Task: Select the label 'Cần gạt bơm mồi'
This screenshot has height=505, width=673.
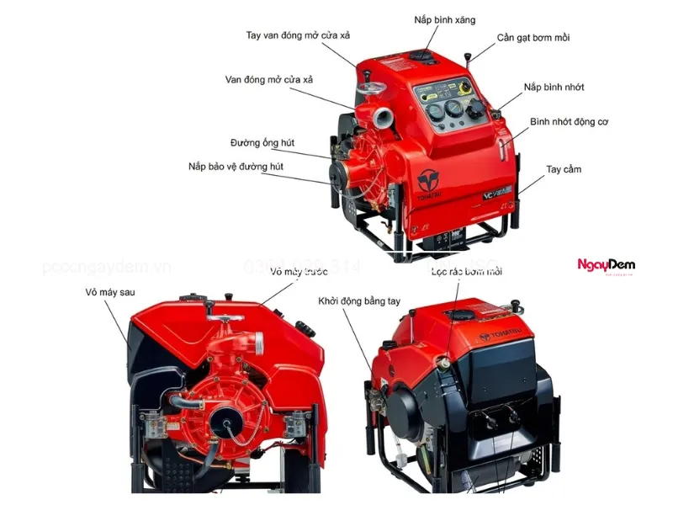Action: [x=533, y=39]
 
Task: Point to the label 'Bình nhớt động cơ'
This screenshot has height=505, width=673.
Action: [x=569, y=122]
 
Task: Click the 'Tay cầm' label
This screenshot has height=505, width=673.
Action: [x=564, y=170]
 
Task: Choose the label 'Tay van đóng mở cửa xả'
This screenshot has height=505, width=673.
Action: [x=296, y=35]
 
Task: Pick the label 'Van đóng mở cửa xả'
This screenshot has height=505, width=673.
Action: [x=268, y=80]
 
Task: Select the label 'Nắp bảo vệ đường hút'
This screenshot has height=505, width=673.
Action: [x=236, y=167]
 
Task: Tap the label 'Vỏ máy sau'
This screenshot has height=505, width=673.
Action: [x=110, y=292]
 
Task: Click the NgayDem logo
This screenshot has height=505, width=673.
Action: [x=606, y=266]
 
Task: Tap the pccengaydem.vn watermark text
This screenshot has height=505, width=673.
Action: [x=106, y=268]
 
